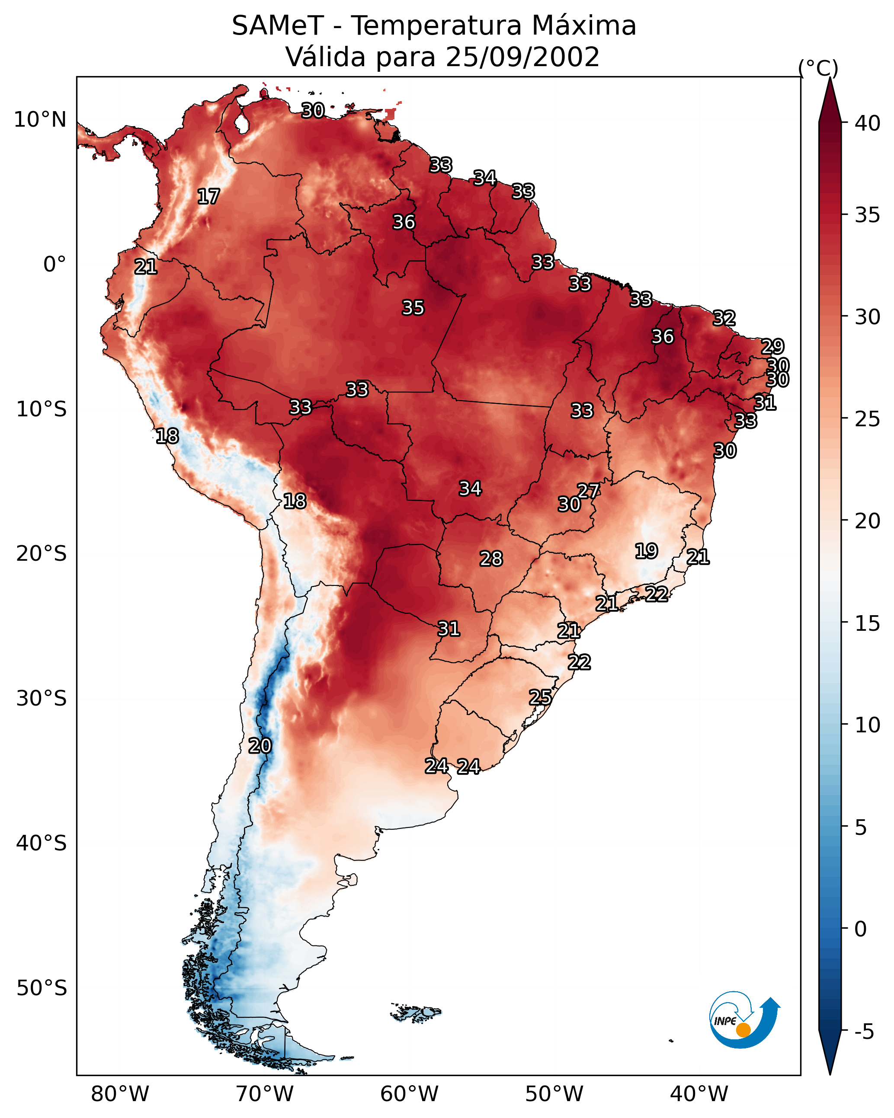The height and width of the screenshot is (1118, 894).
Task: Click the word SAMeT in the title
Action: [x=278, y=26]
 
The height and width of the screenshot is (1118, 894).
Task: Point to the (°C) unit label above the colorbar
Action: [x=818, y=68]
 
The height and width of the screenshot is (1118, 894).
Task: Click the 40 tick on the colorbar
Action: [x=868, y=123]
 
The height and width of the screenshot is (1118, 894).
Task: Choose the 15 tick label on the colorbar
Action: [x=868, y=623]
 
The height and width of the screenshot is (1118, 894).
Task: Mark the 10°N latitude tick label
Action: [x=40, y=120]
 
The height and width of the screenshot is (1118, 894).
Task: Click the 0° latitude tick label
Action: [x=54, y=265]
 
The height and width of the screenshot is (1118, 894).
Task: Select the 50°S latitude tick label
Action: [x=42, y=988]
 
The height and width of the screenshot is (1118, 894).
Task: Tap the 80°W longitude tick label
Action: [x=120, y=1094]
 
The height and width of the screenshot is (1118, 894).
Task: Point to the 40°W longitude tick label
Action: [x=699, y=1094]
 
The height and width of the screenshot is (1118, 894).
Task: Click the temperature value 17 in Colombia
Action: [x=208, y=197]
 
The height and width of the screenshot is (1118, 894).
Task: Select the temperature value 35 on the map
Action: [x=413, y=308]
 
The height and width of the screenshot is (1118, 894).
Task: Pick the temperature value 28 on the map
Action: [x=491, y=559]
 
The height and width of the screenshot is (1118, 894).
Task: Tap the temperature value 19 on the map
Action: [x=647, y=551]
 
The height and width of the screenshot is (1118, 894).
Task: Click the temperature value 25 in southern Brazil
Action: [x=540, y=697]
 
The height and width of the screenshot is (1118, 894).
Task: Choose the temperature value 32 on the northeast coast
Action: [x=724, y=318]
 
